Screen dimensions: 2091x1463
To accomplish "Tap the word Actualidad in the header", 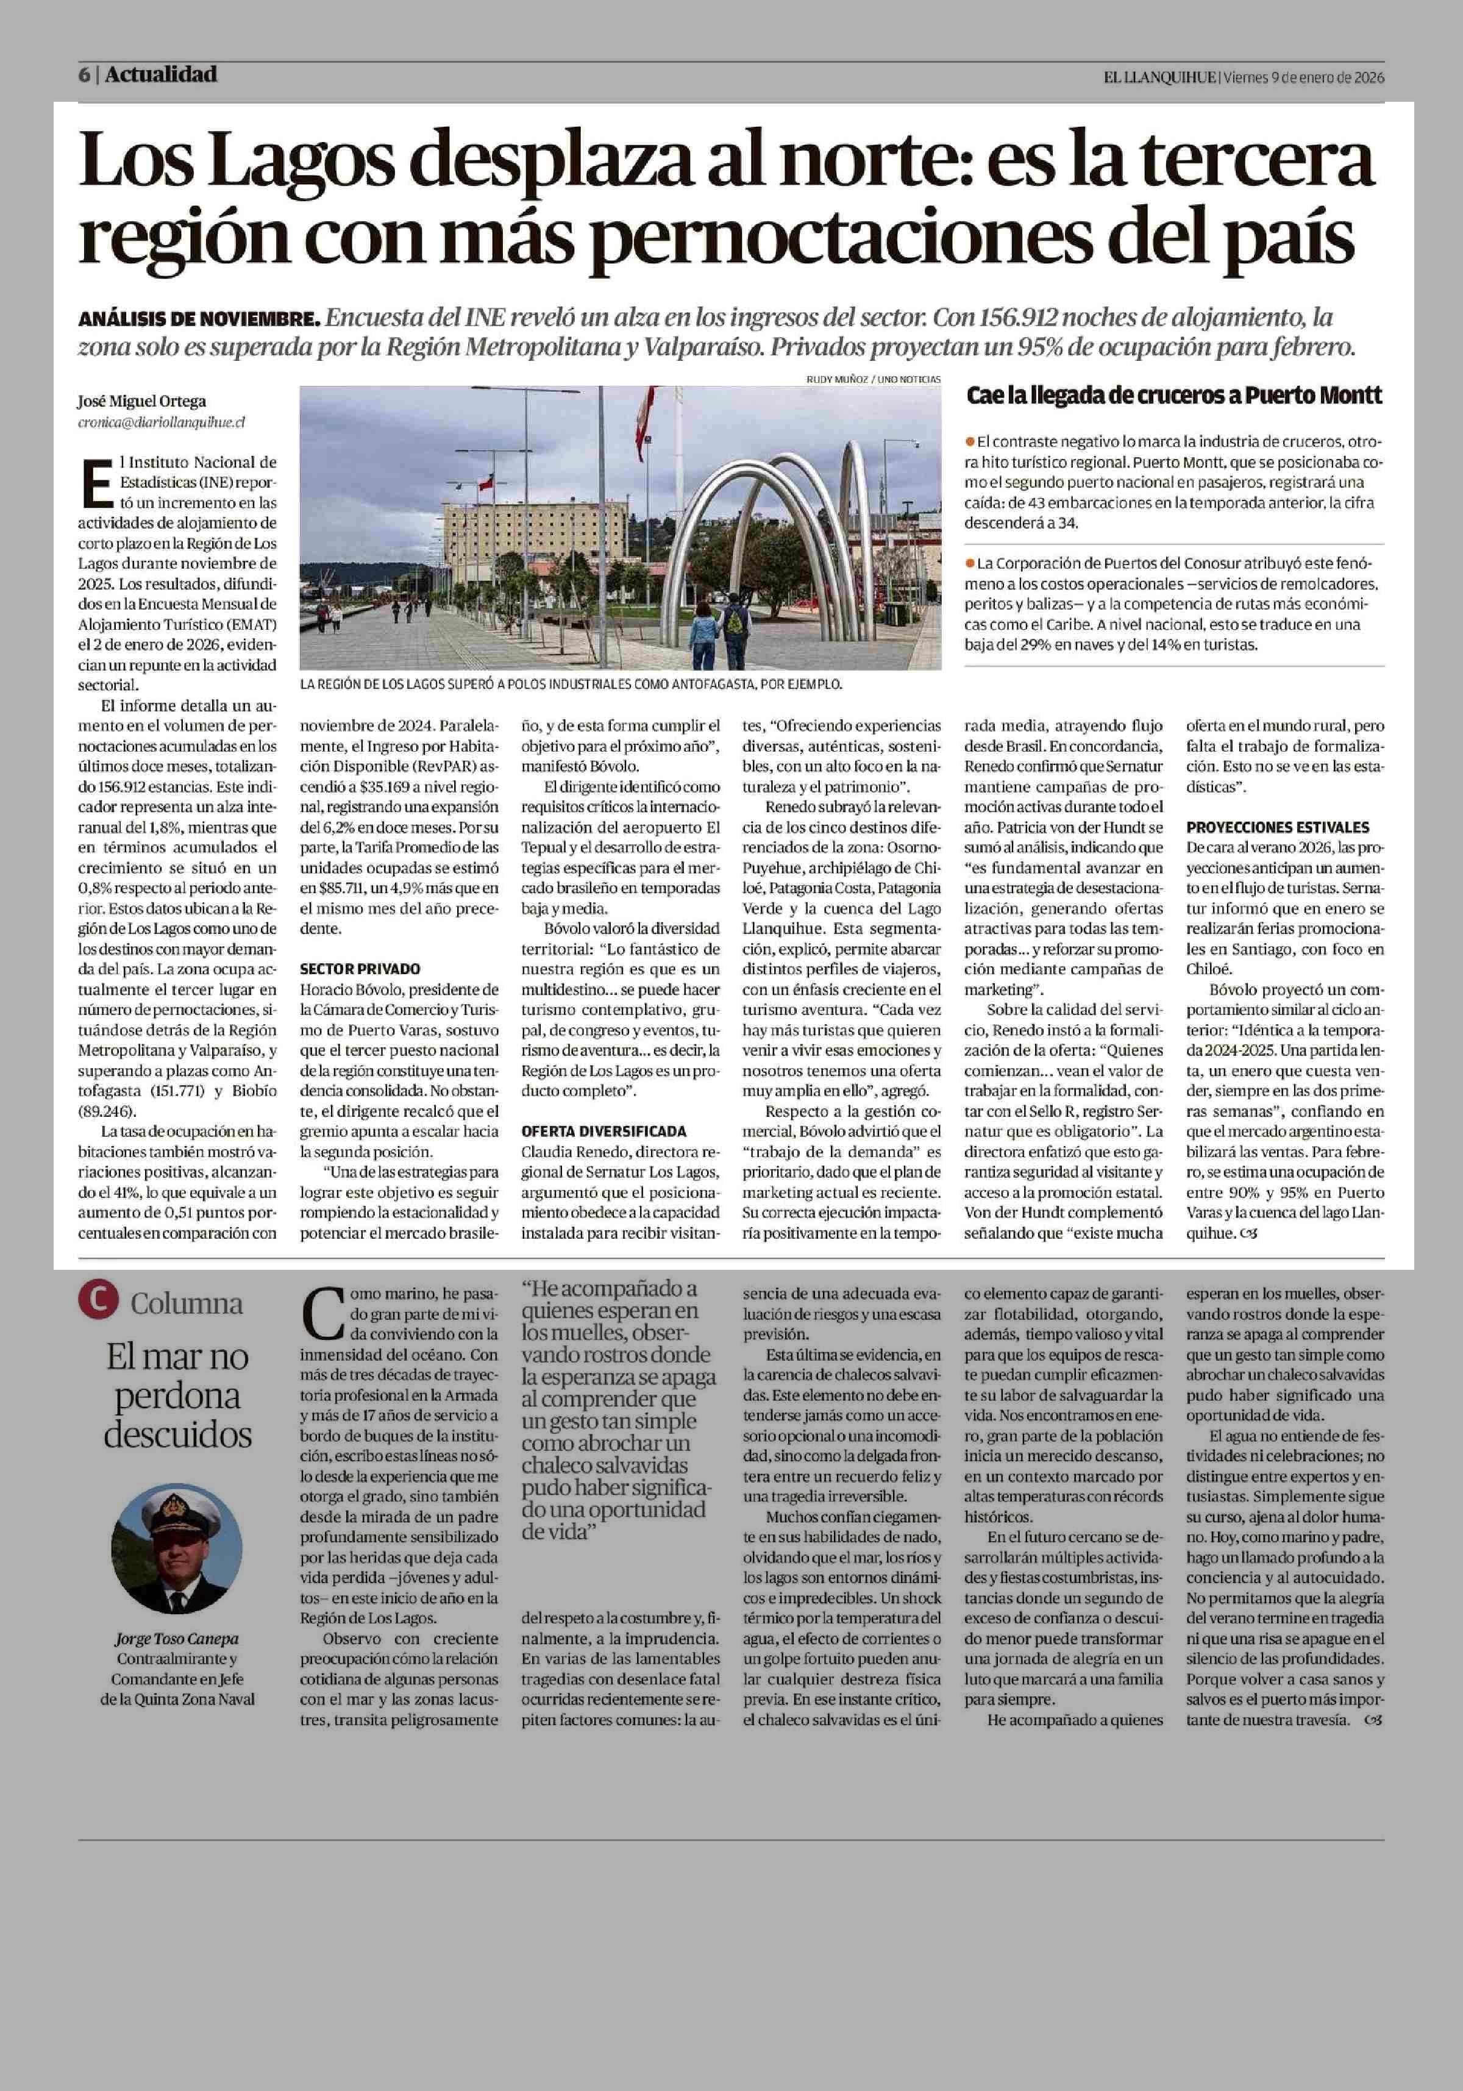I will [x=161, y=74].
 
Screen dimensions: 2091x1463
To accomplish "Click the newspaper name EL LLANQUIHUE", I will [x=1160, y=77].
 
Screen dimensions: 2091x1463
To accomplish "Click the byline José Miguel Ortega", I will [x=142, y=401].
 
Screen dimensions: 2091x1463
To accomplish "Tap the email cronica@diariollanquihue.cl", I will [x=161, y=422].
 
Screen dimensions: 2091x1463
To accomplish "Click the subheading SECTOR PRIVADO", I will [x=360, y=969].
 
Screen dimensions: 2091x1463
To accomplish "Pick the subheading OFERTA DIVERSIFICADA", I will [x=603, y=1131].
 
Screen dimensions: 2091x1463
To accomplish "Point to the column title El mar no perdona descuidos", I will [x=177, y=1395].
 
